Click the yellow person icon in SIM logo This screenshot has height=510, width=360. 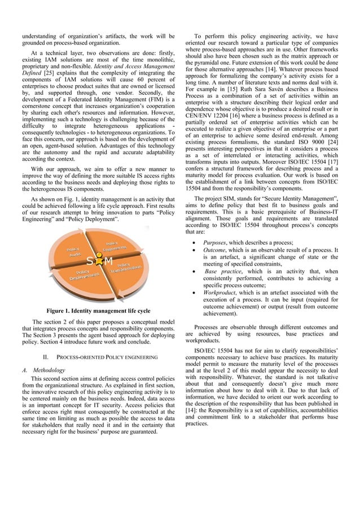(99, 261)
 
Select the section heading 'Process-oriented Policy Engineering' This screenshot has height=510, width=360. (98, 357)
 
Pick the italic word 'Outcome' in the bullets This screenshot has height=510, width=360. (216, 250)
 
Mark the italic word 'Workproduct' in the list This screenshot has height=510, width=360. (221, 293)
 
